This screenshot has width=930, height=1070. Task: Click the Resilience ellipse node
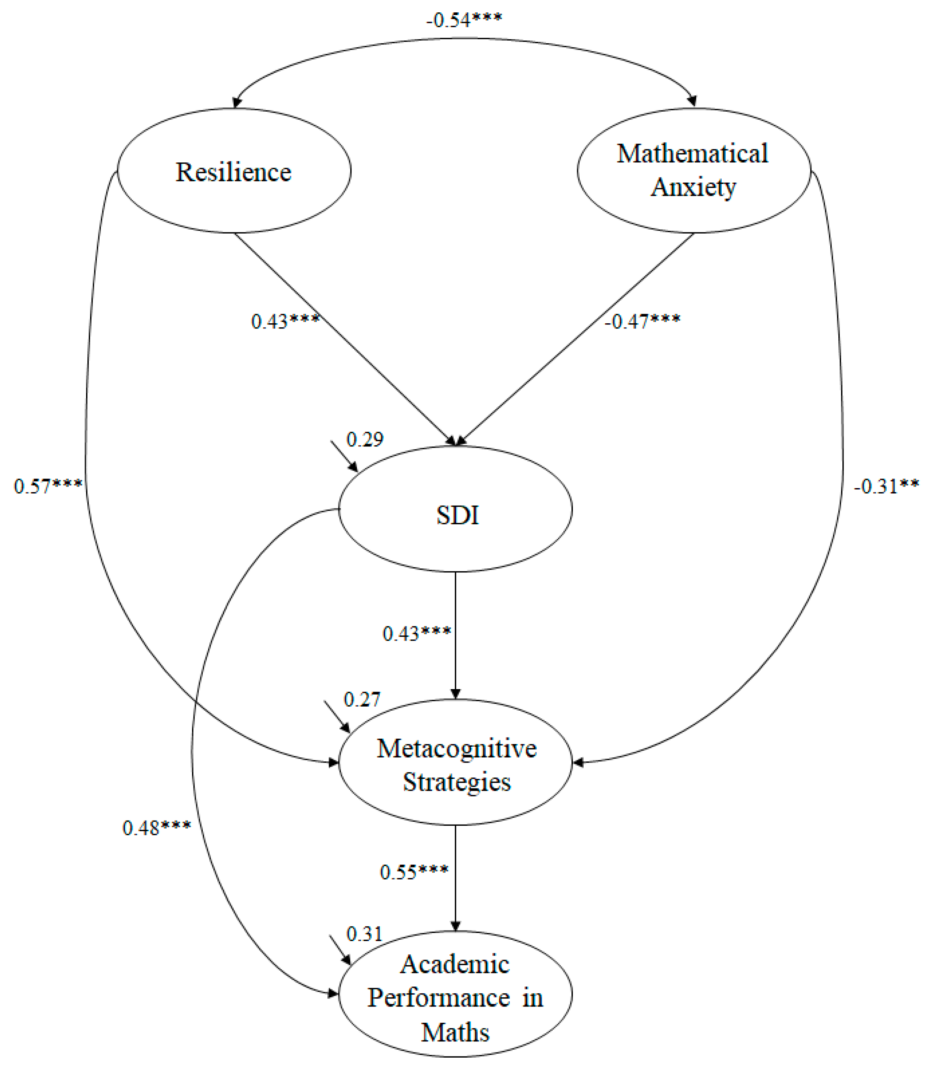[234, 172]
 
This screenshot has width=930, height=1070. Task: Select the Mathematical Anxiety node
[694, 170]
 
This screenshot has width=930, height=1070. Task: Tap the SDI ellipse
[455, 510]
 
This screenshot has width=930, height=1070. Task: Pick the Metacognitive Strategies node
[455, 763]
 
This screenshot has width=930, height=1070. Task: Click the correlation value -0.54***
[464, 20]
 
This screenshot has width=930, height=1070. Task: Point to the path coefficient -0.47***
[642, 321]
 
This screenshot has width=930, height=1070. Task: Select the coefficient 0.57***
[48, 486]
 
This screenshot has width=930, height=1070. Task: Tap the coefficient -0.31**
[886, 486]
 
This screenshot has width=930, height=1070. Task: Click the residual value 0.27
[362, 700]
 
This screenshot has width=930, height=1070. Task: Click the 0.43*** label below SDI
[417, 633]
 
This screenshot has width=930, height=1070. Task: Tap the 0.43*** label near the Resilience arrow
[285, 321]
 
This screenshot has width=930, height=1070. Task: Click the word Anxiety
[694, 187]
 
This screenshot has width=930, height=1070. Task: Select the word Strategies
[457, 782]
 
